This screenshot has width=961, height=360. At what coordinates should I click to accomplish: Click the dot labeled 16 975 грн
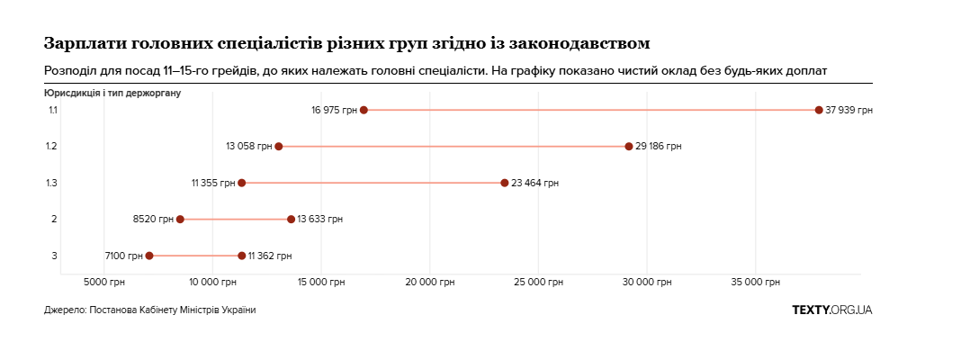tap(364, 110)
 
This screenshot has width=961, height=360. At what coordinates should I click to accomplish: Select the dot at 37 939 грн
tap(819, 110)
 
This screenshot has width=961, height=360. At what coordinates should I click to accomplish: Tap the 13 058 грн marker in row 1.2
tap(279, 147)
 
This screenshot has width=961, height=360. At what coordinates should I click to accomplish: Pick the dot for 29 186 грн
tap(629, 147)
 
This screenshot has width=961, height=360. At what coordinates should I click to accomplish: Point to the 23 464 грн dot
tap(505, 183)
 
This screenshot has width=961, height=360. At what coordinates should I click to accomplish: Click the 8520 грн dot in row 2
tap(180, 220)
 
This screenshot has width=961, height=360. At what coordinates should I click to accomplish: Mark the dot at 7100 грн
tap(149, 256)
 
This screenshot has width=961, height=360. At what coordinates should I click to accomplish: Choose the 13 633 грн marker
tap(291, 220)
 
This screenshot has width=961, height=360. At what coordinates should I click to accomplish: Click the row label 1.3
tap(53, 183)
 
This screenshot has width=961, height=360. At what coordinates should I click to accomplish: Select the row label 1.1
tap(53, 110)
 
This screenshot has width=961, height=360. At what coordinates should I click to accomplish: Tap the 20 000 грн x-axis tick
tap(430, 283)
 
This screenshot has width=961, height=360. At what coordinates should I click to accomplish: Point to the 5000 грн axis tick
tap(104, 283)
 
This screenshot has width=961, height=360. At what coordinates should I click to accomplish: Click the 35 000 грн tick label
tap(755, 283)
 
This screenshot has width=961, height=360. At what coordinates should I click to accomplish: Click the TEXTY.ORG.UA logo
tap(831, 310)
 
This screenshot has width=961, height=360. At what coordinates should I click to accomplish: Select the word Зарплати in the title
tap(85, 43)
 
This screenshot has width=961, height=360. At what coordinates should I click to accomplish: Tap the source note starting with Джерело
tap(149, 310)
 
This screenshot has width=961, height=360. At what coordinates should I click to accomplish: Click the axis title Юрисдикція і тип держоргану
tap(112, 92)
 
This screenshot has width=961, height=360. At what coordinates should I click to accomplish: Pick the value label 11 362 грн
tap(270, 256)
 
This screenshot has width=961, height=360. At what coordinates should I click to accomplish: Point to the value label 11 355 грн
tap(212, 183)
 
